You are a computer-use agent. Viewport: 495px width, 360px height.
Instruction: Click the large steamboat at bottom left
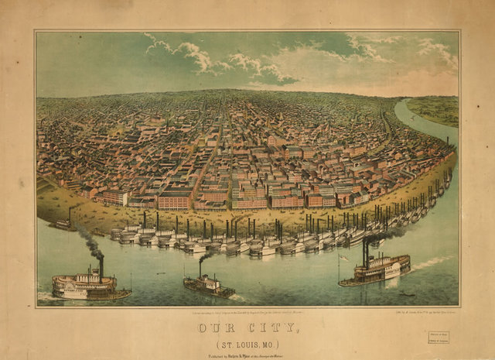89,286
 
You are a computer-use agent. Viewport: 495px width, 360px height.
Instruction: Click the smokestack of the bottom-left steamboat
101,267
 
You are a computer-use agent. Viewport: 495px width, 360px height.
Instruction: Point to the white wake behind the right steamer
429,263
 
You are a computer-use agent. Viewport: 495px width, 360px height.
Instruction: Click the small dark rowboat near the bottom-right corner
407,294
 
